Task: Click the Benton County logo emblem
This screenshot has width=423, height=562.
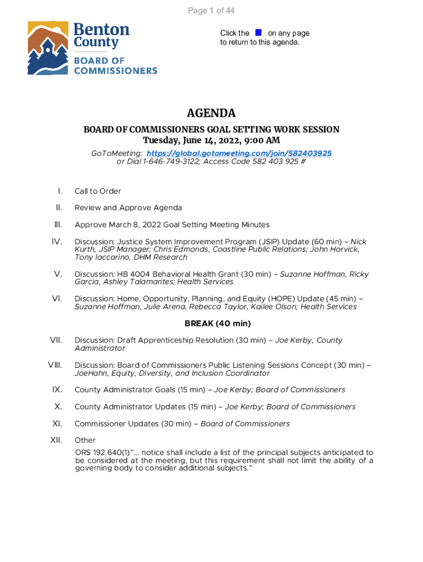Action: click(48, 48)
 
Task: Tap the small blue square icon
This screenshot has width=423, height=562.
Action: click(258, 33)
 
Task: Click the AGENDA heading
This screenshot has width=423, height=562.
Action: click(211, 113)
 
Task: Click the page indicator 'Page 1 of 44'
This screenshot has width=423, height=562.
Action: click(211, 11)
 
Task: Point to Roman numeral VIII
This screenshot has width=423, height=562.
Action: click(54, 365)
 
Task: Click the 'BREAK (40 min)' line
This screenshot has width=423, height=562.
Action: click(211, 323)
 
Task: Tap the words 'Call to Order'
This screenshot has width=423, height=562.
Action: click(98, 191)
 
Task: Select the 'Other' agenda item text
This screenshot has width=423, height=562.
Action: click(85, 440)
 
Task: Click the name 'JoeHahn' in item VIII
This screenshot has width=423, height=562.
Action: click(90, 373)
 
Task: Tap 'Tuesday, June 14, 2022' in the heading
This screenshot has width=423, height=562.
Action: click(187, 140)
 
